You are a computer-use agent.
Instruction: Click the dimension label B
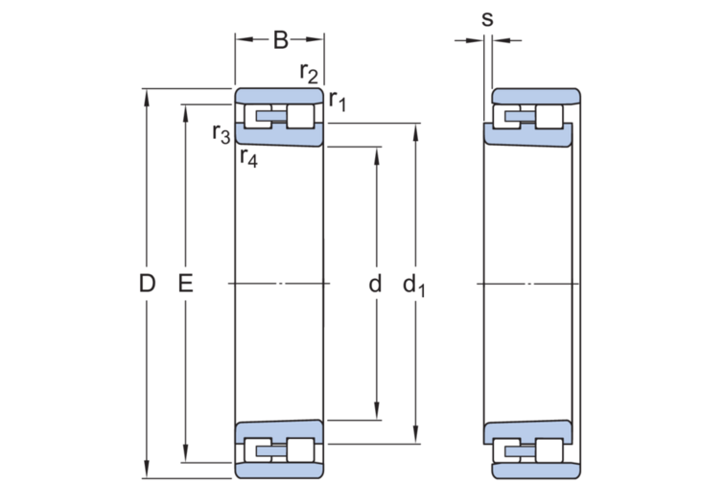click(x=280, y=40)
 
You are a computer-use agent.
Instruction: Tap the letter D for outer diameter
click(x=146, y=284)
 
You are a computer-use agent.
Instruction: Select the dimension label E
click(x=186, y=284)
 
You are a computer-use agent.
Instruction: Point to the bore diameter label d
click(x=375, y=284)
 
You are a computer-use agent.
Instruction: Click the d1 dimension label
click(x=414, y=285)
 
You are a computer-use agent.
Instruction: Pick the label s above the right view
click(x=487, y=19)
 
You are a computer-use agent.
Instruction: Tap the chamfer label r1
click(x=337, y=100)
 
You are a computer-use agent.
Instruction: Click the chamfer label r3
click(x=221, y=133)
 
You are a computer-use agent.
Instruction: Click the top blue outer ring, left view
click(x=279, y=95)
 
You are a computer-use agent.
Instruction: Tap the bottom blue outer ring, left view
click(x=279, y=471)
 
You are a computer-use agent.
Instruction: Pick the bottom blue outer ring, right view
click(x=535, y=471)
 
